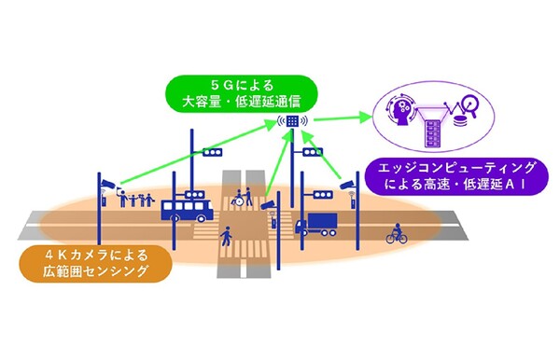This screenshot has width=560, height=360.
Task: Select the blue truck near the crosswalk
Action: click(x=316, y=224)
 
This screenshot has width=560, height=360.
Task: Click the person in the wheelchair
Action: click(x=240, y=199)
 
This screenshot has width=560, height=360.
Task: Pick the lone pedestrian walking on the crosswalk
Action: click(x=226, y=239)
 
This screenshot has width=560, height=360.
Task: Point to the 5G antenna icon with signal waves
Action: click(x=292, y=122)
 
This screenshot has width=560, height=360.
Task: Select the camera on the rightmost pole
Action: click(x=350, y=184)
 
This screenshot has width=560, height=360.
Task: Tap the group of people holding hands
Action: click(x=136, y=199)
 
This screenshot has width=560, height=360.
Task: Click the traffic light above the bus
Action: click(x=214, y=152)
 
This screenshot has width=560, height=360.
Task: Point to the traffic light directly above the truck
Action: click(x=322, y=194)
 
